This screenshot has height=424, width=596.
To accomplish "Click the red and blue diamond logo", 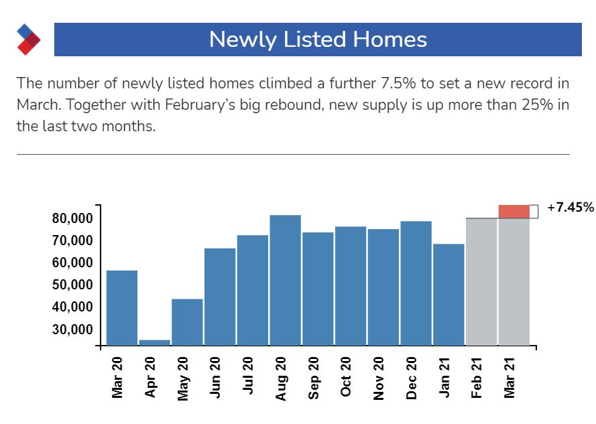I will point(28,40).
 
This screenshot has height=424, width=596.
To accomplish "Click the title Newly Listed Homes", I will point(317,40).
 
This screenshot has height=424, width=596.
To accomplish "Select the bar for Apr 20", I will point(154,342).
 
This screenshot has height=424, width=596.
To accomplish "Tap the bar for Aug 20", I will point(285,280).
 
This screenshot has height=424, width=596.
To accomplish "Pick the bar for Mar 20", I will point(122,308).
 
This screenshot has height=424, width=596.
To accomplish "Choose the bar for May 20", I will point(187,322).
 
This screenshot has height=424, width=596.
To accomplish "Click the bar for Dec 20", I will point(416,283).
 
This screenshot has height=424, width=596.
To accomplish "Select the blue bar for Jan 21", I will point(449,295).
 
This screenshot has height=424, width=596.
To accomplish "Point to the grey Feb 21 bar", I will point(481,282).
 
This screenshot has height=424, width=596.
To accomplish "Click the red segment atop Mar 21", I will point(514,211).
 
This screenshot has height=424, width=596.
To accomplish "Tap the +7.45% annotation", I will point(571,208).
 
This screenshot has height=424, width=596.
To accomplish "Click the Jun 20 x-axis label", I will point(215,378).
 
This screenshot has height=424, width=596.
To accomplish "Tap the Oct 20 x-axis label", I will point(346,378).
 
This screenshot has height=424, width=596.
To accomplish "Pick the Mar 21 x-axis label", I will point(510,378).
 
